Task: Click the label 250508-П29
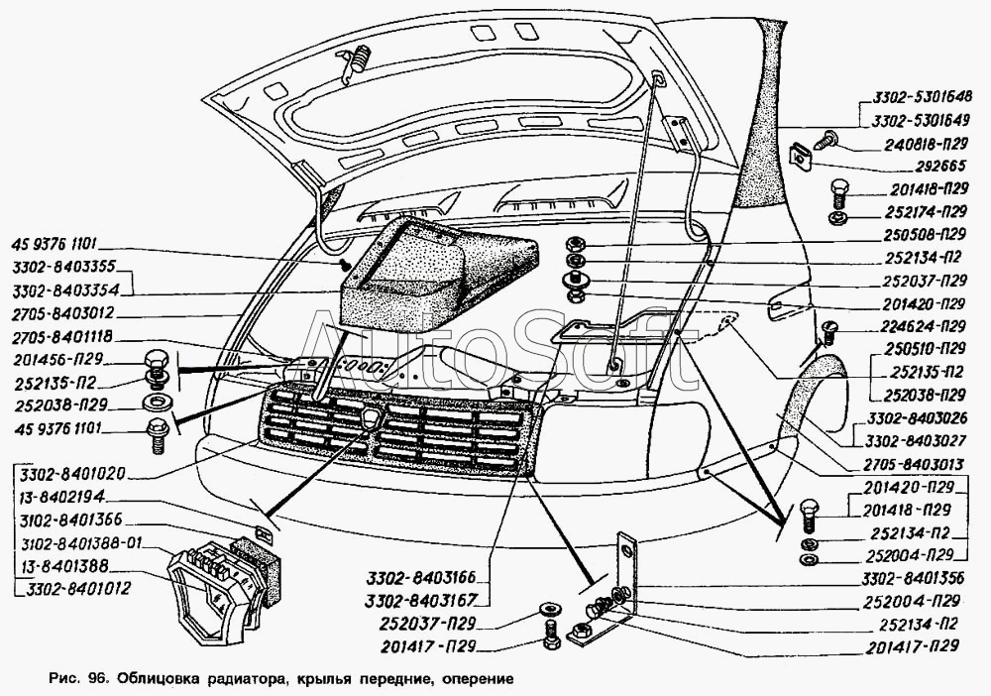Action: [x=922, y=235]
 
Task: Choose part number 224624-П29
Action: [x=922, y=326]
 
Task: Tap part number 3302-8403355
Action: [x=66, y=266]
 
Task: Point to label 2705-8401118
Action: [x=66, y=336]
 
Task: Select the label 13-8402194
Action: [x=58, y=497]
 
